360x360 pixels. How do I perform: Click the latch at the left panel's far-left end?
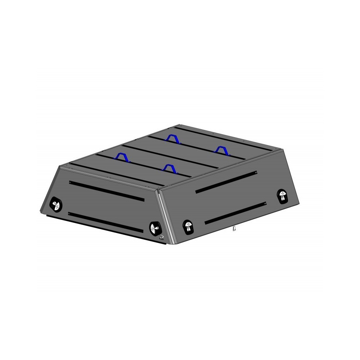coord(56,204)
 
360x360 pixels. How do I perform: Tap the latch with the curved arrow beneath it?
coord(155,228)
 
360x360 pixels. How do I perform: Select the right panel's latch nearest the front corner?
coord(188,226)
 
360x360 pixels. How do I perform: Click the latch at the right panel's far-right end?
coord(283,195)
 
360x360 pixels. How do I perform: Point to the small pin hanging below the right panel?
coord(234,229)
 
